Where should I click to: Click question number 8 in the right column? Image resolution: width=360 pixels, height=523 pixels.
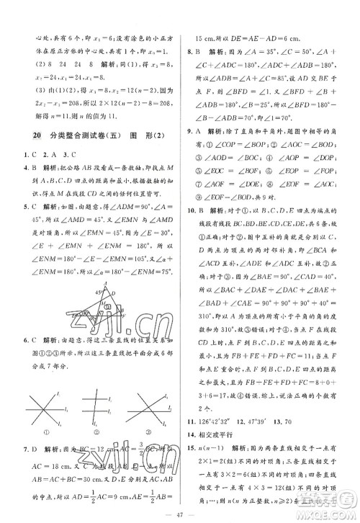pyautogui.click(x=189, y=52)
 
